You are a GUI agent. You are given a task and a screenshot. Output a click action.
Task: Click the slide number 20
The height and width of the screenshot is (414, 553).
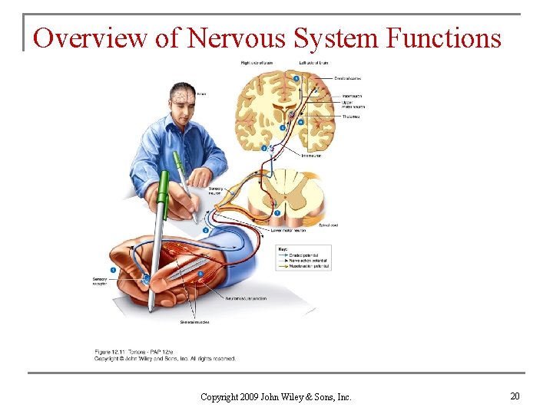click(x=515, y=396)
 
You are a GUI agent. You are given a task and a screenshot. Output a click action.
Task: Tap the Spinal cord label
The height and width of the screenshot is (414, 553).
click(x=329, y=225)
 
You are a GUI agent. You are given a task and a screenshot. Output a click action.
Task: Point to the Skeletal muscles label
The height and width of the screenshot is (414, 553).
click(x=195, y=322)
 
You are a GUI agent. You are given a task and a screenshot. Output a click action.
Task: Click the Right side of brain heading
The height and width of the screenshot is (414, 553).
click(x=257, y=62)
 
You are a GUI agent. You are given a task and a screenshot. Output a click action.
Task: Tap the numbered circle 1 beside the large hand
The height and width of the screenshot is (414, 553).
click(x=114, y=270)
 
